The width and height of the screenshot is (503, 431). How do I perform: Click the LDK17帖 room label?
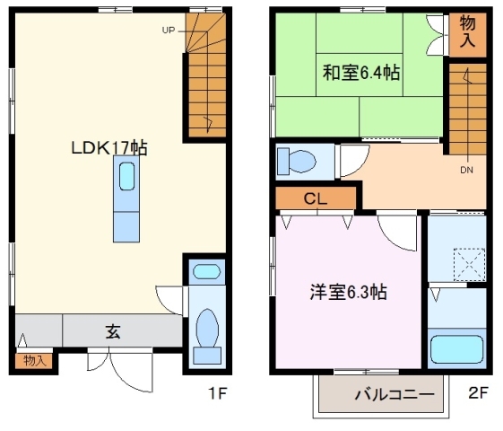click(109, 148)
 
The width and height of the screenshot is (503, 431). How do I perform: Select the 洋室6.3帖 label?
click(349, 292)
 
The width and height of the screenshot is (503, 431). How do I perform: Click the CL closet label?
click(315, 198)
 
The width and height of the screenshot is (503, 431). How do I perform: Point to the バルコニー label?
click(395, 394)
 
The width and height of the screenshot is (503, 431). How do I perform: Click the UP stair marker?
click(169, 30)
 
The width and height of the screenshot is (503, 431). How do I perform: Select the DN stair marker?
click(467, 170)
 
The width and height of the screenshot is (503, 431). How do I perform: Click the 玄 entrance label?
click(113, 330)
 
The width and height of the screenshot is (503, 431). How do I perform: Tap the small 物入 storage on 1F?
click(34, 361)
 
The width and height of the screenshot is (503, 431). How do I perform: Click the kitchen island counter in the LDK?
click(126, 202)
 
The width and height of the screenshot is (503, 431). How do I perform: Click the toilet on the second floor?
click(297, 162)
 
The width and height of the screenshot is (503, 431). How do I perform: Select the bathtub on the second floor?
click(457, 349)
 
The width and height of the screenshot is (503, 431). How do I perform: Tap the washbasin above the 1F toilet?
click(206, 271)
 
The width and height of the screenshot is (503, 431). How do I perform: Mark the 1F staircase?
click(206, 76)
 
